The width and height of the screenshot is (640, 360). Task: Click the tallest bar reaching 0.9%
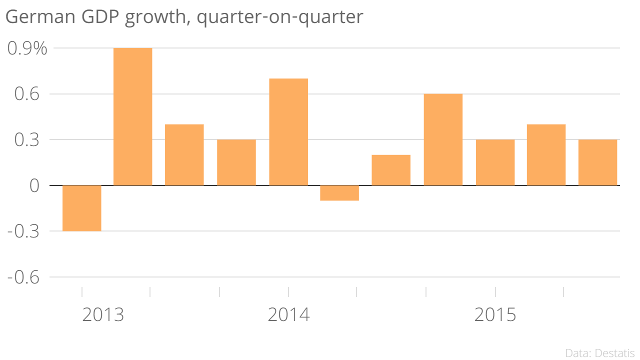click(132, 116)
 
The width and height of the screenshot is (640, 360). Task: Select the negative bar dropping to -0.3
click(81, 208)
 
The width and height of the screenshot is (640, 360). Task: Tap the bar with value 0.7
click(288, 132)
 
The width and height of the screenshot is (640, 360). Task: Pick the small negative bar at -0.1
click(339, 193)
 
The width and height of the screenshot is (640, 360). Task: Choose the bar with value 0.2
click(391, 170)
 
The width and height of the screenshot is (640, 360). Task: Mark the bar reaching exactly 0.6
click(443, 139)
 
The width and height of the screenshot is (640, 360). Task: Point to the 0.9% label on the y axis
click(27, 48)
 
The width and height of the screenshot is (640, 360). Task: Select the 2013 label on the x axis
click(103, 315)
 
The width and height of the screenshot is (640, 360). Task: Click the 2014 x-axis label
click(288, 315)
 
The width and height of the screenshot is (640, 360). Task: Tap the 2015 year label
click(495, 315)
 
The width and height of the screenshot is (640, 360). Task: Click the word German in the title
click(37, 17)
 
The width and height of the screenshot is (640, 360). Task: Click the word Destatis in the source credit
click(615, 353)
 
